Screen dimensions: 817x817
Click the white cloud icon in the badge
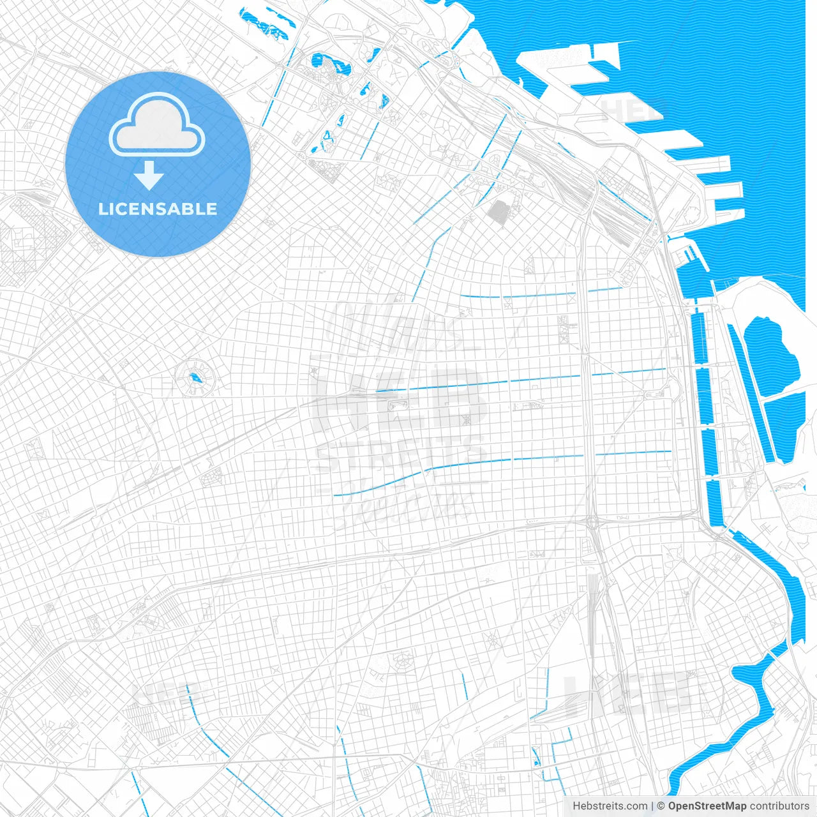[156, 125]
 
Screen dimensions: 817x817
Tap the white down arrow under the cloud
[149, 176]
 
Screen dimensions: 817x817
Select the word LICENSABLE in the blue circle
[158, 209]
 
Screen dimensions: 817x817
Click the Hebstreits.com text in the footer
[610, 806]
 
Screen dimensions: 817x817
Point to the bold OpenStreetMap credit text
[707, 806]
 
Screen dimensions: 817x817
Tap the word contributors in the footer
[779, 806]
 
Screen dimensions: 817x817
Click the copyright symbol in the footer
[661, 806]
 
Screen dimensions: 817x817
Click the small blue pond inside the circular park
[193, 378]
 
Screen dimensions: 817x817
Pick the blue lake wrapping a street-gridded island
[331, 64]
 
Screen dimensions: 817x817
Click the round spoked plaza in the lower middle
[401, 661]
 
